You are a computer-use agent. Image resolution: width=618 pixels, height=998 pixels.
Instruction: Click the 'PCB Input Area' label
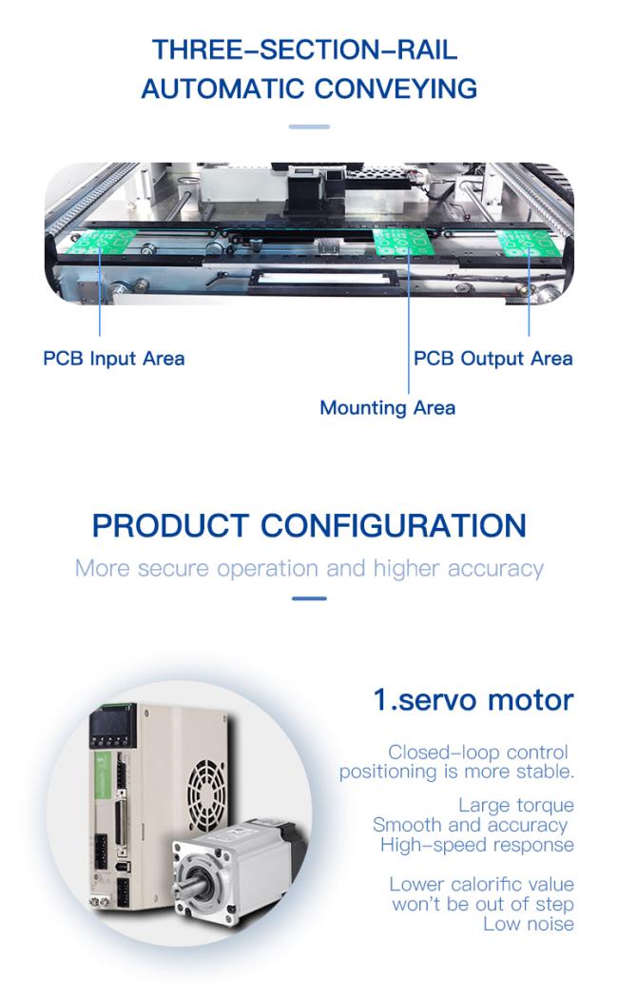(x=114, y=359)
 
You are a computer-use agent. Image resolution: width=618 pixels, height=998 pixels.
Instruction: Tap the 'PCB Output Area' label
(x=492, y=359)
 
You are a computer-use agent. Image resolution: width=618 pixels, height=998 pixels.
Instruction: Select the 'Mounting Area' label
(x=387, y=408)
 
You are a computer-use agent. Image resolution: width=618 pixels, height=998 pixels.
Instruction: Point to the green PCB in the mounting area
(x=403, y=242)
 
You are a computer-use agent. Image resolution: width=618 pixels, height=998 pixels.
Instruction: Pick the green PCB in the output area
(x=530, y=244)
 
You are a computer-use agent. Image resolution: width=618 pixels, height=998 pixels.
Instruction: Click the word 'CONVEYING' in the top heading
(x=396, y=88)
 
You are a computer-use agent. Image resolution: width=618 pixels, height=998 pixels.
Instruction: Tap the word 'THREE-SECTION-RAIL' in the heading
(x=304, y=49)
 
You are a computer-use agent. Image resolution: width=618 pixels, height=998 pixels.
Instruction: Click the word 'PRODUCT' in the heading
(x=170, y=526)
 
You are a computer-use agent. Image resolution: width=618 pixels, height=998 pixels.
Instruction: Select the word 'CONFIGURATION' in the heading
(x=394, y=526)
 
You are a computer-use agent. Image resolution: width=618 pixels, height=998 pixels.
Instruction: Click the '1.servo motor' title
(x=473, y=699)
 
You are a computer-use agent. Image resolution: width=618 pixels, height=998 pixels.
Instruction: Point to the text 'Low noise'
(x=529, y=924)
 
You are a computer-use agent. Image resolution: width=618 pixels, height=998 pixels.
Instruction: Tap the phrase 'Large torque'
(x=515, y=806)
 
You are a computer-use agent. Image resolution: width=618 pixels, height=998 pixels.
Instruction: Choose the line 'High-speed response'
(x=477, y=845)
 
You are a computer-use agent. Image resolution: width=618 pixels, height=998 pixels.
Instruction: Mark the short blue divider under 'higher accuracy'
(x=309, y=598)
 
